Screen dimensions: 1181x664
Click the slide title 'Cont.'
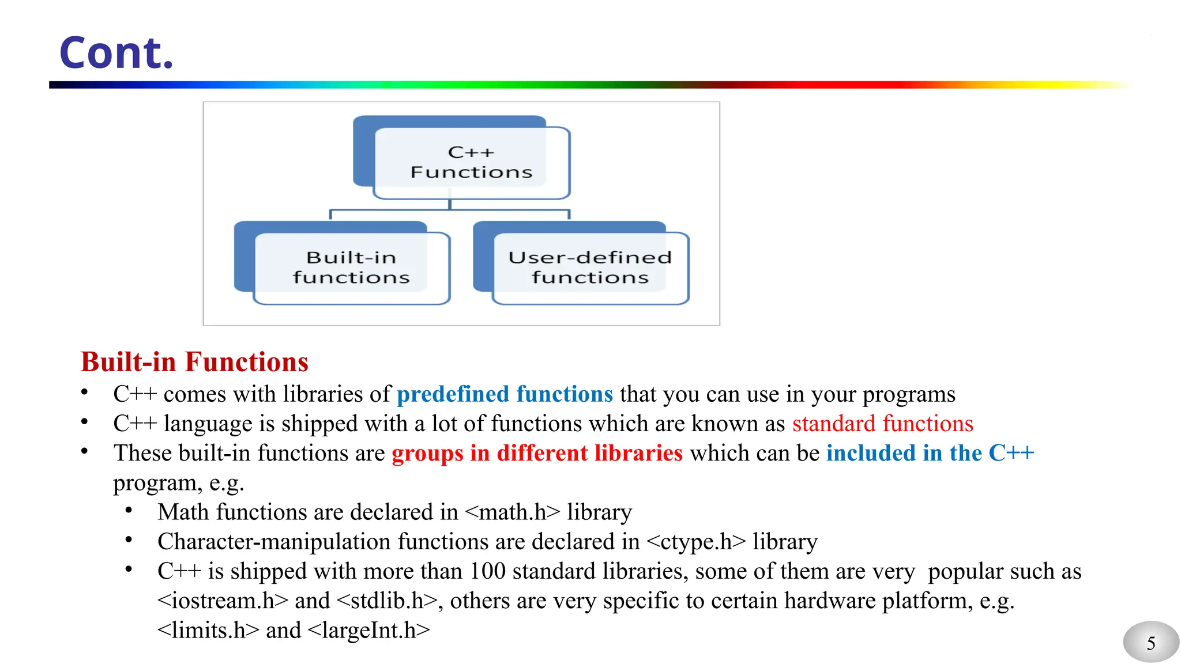[x=116, y=53]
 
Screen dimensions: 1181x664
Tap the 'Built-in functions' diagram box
[x=351, y=267]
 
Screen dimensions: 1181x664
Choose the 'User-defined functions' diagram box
[x=590, y=267]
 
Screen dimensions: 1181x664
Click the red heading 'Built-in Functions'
[x=194, y=362]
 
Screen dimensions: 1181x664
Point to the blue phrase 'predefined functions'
[x=505, y=394]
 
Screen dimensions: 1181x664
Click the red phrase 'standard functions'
[x=882, y=424]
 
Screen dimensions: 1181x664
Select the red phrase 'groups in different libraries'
[x=537, y=453]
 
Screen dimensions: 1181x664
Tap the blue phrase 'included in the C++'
[x=930, y=453]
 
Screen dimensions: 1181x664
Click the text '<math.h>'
[x=512, y=512]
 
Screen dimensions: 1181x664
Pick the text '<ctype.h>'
[x=696, y=542]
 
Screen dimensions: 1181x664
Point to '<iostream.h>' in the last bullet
[x=223, y=601]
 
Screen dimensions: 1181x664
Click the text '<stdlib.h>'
[x=386, y=601]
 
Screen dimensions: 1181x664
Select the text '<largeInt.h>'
[x=369, y=630]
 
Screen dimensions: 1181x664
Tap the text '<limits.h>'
[x=208, y=630]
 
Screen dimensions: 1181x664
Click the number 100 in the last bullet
[x=487, y=571]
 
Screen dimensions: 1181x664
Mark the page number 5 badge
[x=1150, y=643]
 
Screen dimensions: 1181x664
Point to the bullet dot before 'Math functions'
[x=129, y=511]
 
